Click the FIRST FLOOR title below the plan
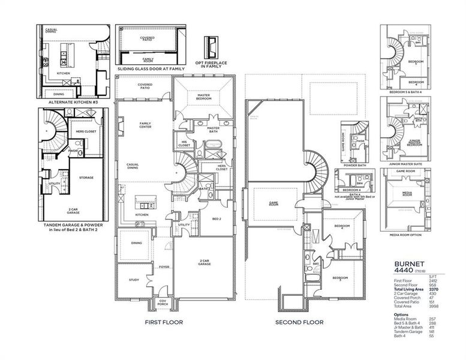click(x=164, y=322)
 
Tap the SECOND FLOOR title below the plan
click(x=299, y=322)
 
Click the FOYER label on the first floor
click(x=163, y=268)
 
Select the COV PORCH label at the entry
click(x=162, y=303)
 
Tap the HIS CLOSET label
click(x=184, y=144)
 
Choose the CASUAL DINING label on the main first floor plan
click(x=134, y=167)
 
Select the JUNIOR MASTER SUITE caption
click(x=403, y=161)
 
